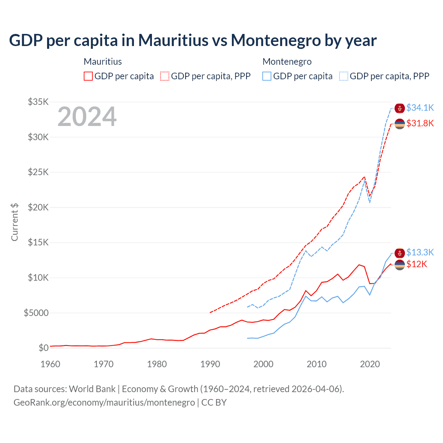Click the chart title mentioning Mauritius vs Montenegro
(x=193, y=40)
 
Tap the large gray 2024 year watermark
(x=87, y=117)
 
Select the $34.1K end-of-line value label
(x=420, y=108)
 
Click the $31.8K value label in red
(x=420, y=123)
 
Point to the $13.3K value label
(x=420, y=252)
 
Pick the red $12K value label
(x=417, y=264)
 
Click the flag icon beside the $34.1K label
(x=400, y=108)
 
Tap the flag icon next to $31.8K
(x=400, y=124)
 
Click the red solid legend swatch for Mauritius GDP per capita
(x=88, y=76)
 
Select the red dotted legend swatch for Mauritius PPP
(x=165, y=76)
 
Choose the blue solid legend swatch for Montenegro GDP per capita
(x=267, y=76)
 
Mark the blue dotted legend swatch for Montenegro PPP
(x=344, y=76)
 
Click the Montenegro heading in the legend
(x=287, y=62)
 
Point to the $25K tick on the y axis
(x=38, y=172)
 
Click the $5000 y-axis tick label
(x=36, y=313)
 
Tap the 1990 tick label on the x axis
(x=210, y=364)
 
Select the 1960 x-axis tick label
(x=51, y=364)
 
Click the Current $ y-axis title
(x=15, y=222)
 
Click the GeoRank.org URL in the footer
(x=104, y=403)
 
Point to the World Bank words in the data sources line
(x=92, y=389)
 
